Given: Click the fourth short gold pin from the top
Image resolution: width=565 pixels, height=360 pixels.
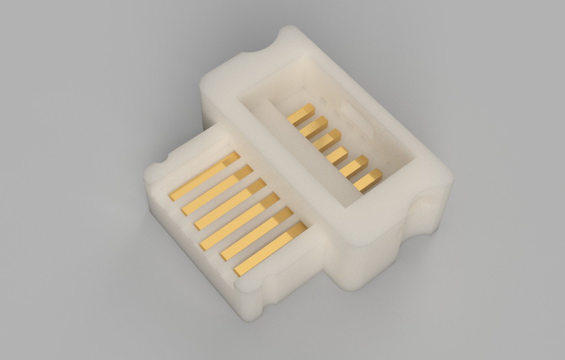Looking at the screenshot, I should (337, 156).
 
